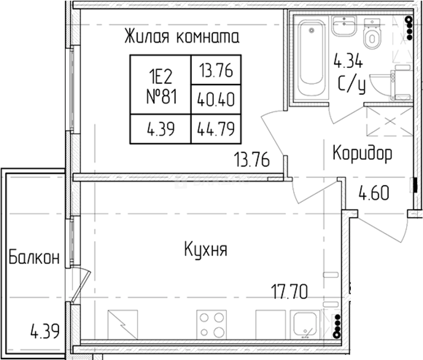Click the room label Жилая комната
[x=182, y=37]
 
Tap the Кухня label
[x=205, y=250]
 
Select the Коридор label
[x=362, y=153]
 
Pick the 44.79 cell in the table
[x=216, y=129]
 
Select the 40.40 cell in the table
[x=216, y=99]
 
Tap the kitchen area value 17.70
[x=290, y=292]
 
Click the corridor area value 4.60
[x=374, y=193]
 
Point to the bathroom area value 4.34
[x=348, y=61]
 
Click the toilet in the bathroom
[x=372, y=34]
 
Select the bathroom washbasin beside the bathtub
[x=343, y=25]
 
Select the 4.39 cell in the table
[x=161, y=129]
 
